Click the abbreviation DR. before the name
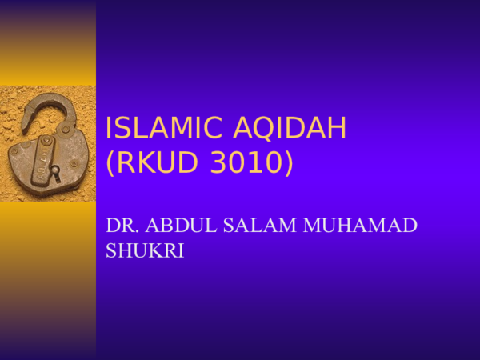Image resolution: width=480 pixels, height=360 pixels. pos(121,226)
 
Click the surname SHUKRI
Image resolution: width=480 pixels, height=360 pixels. pos(145,250)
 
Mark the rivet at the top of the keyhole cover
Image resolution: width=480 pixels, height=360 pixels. pos(46,141)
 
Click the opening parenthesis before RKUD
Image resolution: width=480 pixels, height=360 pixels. pos(110,163)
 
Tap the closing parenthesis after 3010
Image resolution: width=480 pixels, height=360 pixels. pos(288,163)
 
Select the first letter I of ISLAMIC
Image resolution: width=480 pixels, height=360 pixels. pos(110,128)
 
